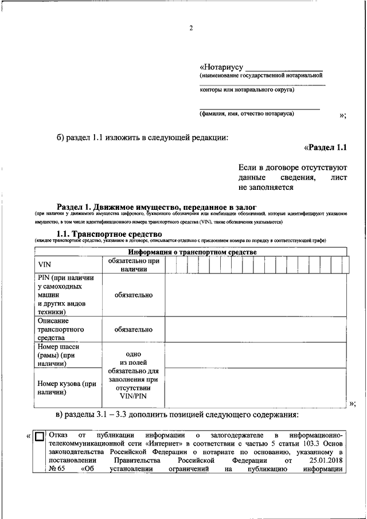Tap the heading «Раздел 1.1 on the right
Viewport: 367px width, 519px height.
pos(326,147)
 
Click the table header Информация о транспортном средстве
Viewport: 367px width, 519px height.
pos(192,252)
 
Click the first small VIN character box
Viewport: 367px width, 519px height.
pos(171,264)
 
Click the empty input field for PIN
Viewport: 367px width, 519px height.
pos(255,294)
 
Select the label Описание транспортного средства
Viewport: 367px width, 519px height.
pos(61,330)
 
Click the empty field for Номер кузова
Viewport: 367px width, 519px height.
pos(255,388)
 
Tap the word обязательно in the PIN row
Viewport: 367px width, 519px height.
pos(134,295)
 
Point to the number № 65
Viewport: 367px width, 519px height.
pos(55,469)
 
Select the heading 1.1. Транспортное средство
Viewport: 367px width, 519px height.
pos(110,233)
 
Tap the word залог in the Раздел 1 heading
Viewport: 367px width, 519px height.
pos(245,206)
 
